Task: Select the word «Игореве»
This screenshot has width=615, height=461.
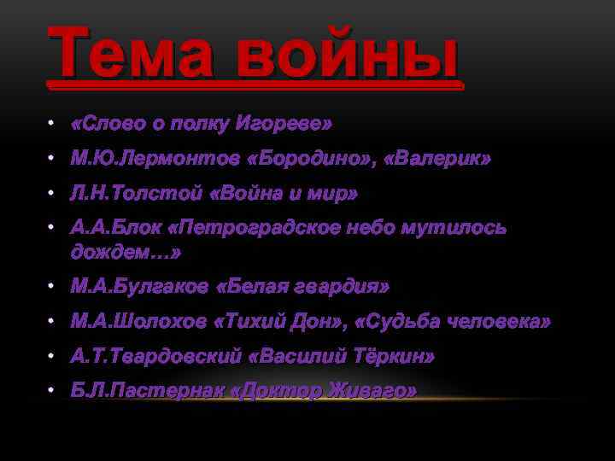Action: click(289, 125)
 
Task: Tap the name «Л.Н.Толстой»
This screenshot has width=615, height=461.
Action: click(136, 193)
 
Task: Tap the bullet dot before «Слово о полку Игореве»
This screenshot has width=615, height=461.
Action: click(52, 125)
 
